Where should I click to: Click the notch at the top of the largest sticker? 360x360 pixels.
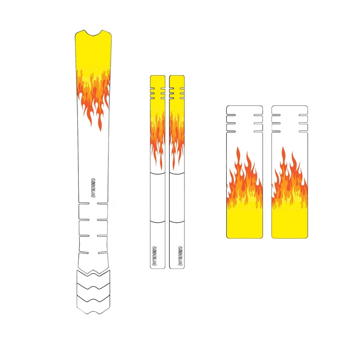(94, 33)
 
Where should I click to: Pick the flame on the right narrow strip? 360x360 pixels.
(176, 135)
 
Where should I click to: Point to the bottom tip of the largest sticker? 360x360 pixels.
(94, 310)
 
